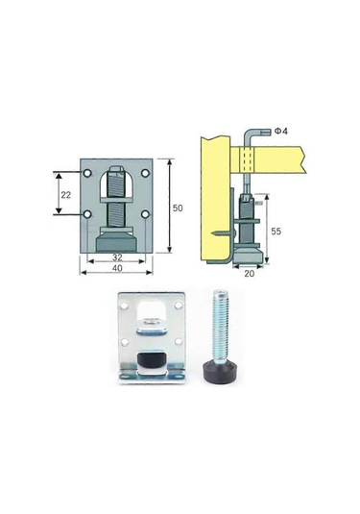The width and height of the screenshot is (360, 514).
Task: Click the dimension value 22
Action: click(66, 195)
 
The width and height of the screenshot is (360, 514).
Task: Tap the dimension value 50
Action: click(178, 208)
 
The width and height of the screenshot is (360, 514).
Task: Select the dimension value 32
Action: click(117, 257)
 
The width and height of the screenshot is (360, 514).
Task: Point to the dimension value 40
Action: click(117, 268)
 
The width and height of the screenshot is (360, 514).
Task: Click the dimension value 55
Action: click(276, 232)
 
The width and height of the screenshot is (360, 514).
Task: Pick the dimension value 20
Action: click(250, 274)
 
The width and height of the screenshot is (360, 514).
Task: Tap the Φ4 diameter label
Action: click(281, 132)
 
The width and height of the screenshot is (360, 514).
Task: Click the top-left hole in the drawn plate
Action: click(87, 173)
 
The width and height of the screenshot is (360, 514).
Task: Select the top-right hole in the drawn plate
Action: click(145, 173)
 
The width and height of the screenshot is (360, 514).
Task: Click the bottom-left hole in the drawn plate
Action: click(87, 214)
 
